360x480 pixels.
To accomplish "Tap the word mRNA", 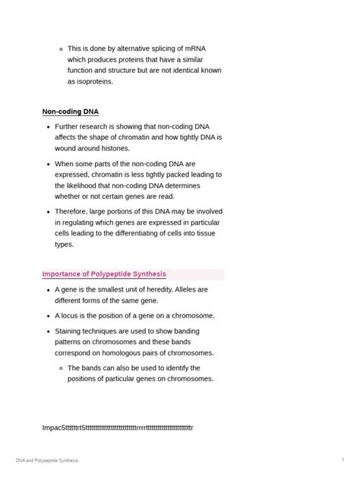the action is point(192,49).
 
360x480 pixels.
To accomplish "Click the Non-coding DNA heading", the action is point(71,112).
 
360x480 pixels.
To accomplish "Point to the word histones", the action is point(112,148).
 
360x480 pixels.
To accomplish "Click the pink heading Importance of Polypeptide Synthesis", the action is point(104,274).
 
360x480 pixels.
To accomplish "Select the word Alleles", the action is point(195,289).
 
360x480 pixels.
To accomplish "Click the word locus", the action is point(72,315).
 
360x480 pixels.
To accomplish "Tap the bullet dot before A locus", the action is point(48,315).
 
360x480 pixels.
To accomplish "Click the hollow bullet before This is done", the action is point(61,49).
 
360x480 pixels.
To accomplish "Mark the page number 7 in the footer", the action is point(343,460).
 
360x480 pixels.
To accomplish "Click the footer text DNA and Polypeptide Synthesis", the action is point(47,460).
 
